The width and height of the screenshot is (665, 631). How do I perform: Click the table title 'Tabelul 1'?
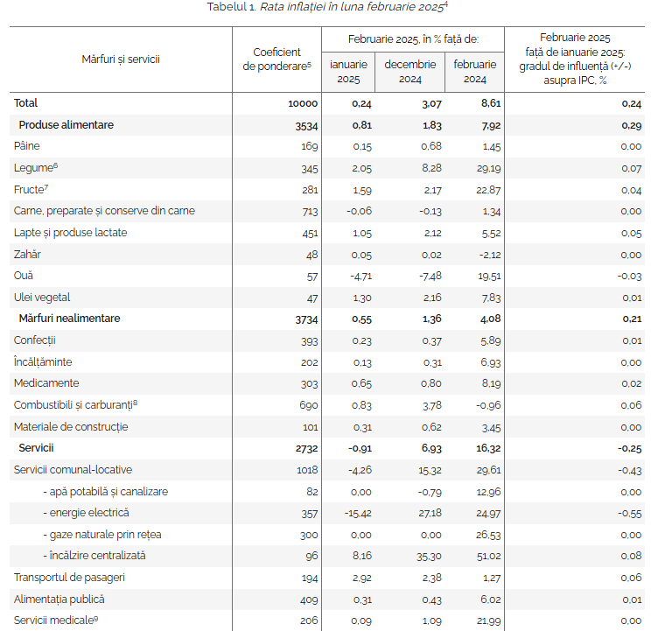231,8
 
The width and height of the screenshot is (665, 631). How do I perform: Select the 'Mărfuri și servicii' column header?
121,60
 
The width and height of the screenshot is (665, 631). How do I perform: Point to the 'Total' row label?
26,103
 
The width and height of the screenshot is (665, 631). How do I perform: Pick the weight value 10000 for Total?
302,104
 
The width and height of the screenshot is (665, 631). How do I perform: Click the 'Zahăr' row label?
27,254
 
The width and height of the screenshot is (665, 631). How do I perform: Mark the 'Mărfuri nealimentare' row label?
69,319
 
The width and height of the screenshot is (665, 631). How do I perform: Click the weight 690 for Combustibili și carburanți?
308,405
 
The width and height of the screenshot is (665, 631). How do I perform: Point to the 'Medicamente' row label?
46,383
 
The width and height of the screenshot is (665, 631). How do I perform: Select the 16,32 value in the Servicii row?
486,448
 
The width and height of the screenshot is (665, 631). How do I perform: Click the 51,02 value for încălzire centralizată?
487,556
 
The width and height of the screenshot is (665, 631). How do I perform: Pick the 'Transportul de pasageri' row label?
69,578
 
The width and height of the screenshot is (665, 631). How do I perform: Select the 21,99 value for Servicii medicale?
487,620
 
